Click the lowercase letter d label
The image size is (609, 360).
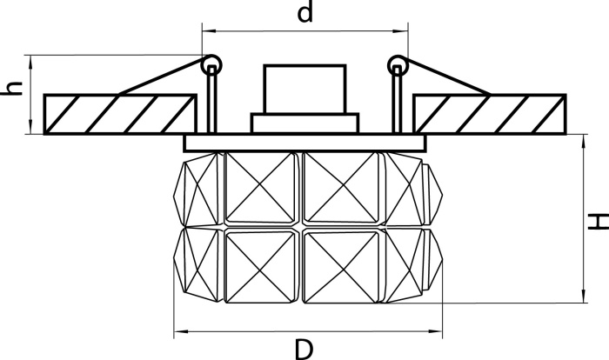pos(304,12)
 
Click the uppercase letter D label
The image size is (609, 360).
pos(304,349)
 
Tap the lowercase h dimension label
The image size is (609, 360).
pos(11,89)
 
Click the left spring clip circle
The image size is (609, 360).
pos(211,64)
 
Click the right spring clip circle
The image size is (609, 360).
pos(398,64)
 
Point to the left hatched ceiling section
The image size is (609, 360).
pos(120,114)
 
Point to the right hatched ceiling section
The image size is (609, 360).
pos(489,114)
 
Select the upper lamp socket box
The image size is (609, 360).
pos(304,90)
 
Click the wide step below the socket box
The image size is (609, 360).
pos(304,123)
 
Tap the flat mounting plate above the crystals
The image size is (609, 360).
pos(304,143)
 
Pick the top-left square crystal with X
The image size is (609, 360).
pos(260,188)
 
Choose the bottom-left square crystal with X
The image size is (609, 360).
pos(260,266)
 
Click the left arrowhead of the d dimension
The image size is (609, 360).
pos(208,30)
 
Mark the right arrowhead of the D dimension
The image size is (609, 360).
pos(436,331)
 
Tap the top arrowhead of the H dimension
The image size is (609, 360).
pos(584,141)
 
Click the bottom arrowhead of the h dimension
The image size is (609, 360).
pos(31,128)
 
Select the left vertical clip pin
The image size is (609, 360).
pos(211,99)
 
